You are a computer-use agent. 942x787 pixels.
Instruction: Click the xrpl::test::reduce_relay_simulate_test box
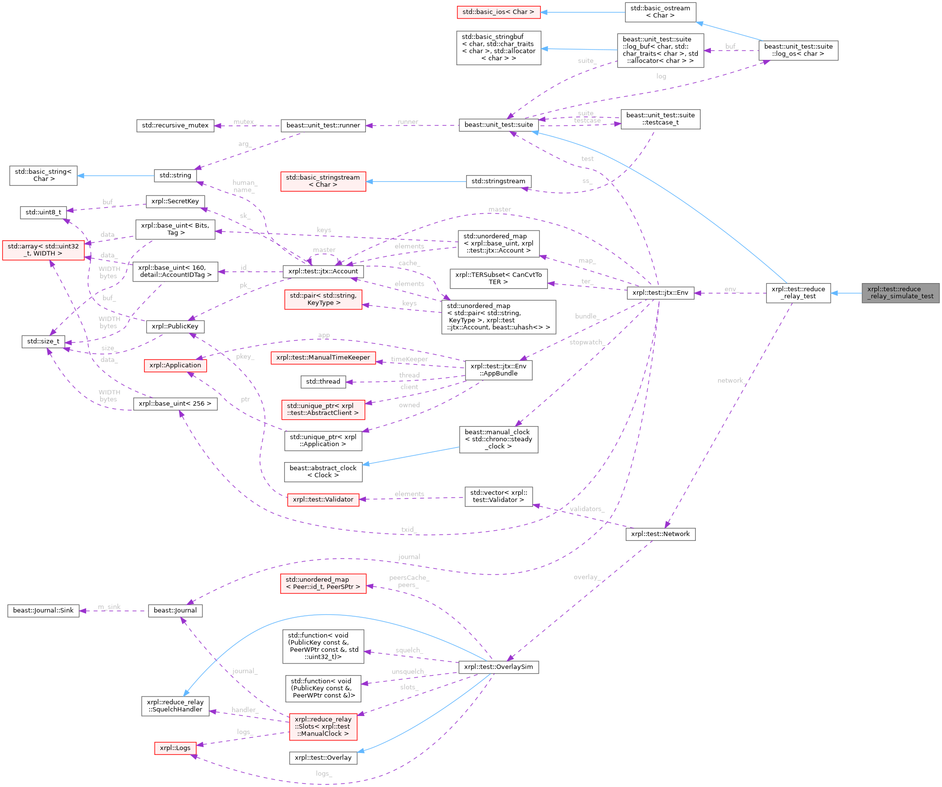[x=900, y=293]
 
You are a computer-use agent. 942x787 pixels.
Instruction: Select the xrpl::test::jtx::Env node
[x=660, y=293]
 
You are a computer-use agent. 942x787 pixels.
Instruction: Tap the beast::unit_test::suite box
[x=498, y=125]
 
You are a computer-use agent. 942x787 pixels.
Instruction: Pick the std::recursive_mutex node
[x=175, y=125]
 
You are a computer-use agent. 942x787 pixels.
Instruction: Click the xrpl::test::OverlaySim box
[x=498, y=667]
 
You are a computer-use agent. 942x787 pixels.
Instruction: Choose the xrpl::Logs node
[x=175, y=748]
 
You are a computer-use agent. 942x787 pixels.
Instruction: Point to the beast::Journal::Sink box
[x=43, y=610]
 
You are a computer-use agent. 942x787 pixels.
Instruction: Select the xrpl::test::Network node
[x=660, y=534]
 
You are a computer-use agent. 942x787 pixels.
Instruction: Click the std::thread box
[x=323, y=382]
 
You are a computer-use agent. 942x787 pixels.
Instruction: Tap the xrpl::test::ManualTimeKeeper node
[x=323, y=358]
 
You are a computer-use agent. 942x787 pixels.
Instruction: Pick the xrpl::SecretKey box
[x=175, y=201]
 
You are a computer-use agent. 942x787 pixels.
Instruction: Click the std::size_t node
[x=43, y=341]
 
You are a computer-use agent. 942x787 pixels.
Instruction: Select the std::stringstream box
[x=498, y=181]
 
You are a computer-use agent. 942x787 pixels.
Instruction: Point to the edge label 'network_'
[x=731, y=380]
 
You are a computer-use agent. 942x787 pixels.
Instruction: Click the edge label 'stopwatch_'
[x=587, y=342]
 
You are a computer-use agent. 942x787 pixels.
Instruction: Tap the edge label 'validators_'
[x=587, y=509]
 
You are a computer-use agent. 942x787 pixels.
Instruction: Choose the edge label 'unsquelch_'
[x=409, y=672]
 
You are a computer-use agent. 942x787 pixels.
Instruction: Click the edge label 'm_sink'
[x=109, y=607]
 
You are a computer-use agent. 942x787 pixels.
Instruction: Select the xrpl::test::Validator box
[x=323, y=500]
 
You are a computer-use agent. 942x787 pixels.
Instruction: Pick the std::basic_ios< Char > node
[x=498, y=12]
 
